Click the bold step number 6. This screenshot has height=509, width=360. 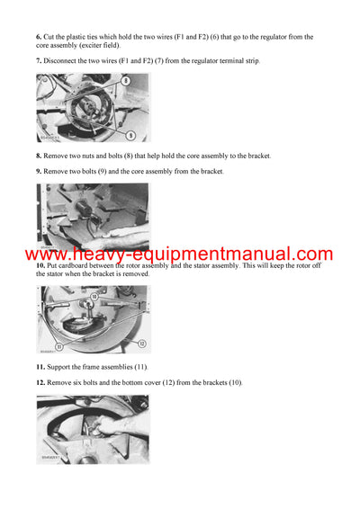(40, 37)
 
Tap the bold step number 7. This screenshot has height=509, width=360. (40, 60)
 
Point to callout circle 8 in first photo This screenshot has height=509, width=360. (125, 81)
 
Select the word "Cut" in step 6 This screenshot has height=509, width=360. (52, 37)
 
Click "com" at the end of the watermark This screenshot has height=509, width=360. (311, 254)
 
